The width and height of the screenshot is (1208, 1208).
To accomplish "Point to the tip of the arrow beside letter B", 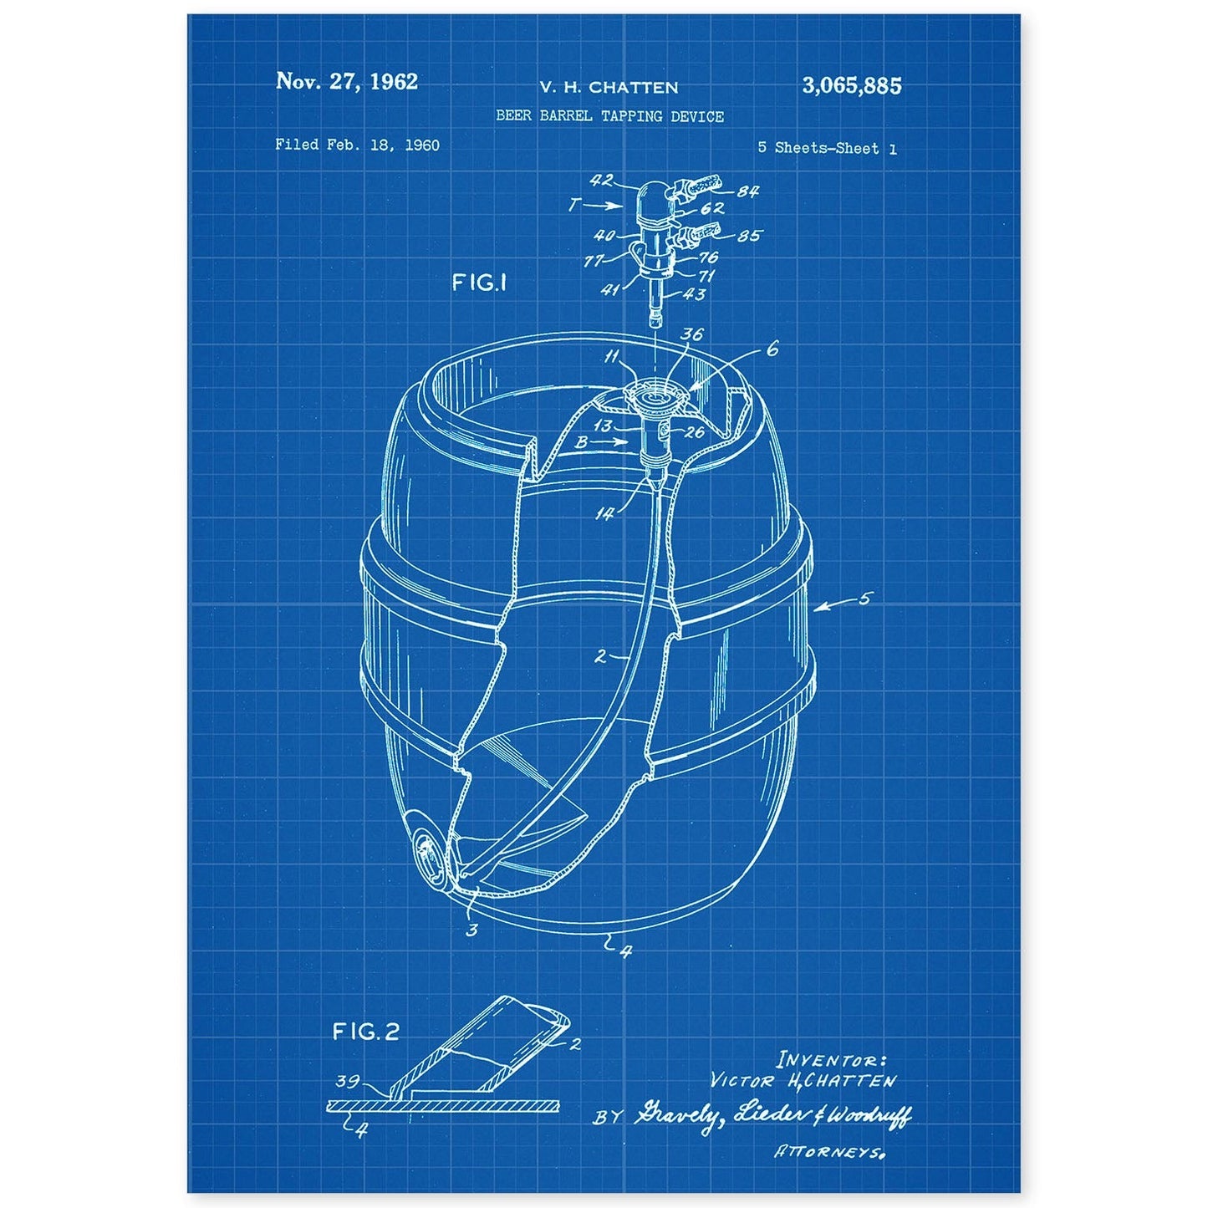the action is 628,441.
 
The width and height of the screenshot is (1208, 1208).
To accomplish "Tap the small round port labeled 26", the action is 666,431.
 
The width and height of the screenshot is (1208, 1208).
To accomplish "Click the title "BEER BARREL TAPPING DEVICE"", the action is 609,116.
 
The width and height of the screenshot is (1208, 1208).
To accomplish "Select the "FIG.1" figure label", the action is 479,283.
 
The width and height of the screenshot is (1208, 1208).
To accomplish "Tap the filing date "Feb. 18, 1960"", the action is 382,145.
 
